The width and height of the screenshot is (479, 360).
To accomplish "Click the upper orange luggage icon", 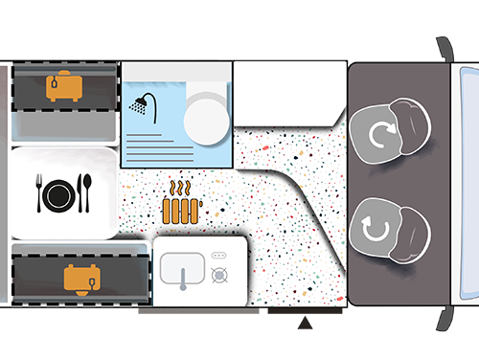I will tap(62, 86).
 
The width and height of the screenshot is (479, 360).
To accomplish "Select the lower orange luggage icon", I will tap(80, 278).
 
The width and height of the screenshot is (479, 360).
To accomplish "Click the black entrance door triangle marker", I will tap(305, 326).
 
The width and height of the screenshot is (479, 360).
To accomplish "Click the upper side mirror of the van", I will tap(443, 48).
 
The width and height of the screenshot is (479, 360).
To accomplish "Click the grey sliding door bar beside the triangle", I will tap(197, 310).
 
